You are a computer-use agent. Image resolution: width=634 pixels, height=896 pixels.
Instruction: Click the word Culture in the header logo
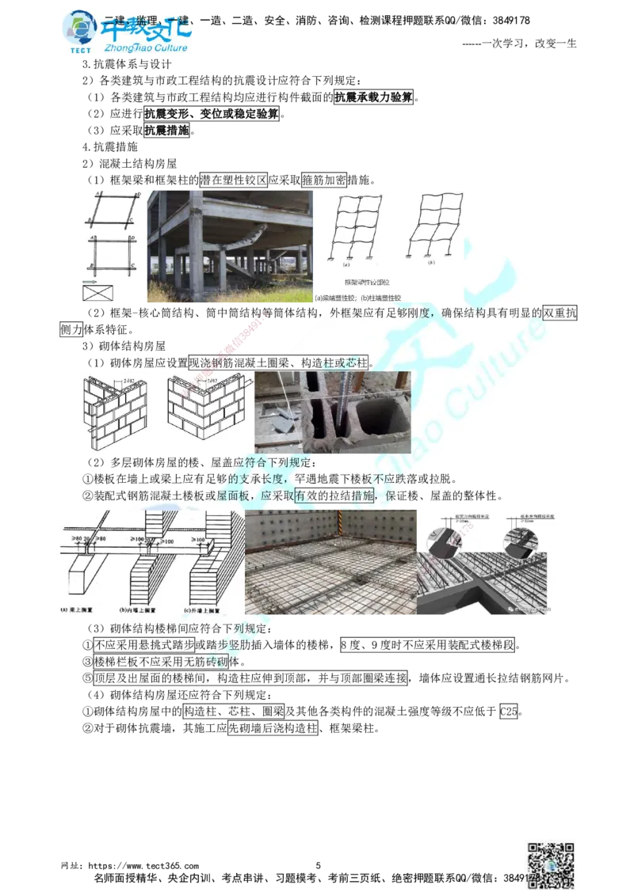tap(165, 48)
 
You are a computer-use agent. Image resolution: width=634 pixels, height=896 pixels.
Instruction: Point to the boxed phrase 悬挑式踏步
tap(168, 644)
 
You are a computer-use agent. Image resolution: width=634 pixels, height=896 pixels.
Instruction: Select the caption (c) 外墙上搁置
tap(201, 610)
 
